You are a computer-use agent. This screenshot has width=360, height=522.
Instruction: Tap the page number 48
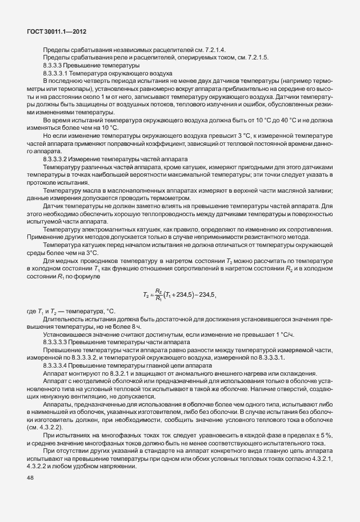pos(30,479)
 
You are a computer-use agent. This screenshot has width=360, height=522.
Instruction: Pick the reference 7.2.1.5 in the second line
pos(264,58)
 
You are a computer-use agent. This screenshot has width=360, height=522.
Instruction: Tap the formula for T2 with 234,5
pos(179,295)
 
